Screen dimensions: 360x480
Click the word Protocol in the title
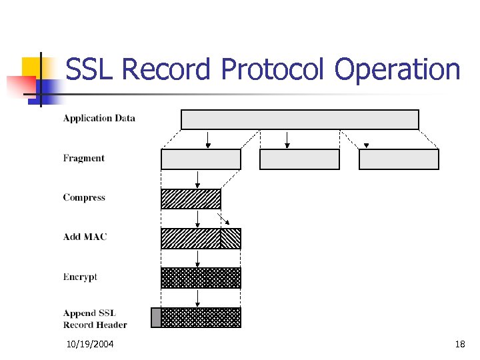[274, 69]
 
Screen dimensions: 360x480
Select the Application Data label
[99, 119]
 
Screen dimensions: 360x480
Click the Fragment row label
[84, 158]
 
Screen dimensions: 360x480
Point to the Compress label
[84, 197]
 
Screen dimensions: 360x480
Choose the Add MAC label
[85, 237]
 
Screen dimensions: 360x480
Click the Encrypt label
[80, 277]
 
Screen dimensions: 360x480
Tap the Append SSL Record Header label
[95, 319]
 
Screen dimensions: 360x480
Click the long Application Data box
[300, 119]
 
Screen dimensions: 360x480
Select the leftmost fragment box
[201, 159]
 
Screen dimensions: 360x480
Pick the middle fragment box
[299, 159]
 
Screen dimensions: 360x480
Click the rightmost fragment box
[399, 159]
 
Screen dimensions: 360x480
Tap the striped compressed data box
[191, 199]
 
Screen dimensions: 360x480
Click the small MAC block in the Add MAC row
[231, 239]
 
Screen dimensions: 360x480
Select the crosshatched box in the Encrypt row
[201, 278]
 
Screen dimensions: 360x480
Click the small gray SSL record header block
[156, 317]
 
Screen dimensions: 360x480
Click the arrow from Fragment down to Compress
[197, 179]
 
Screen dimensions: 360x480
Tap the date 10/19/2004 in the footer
[90, 344]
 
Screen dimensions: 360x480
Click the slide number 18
[459, 344]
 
